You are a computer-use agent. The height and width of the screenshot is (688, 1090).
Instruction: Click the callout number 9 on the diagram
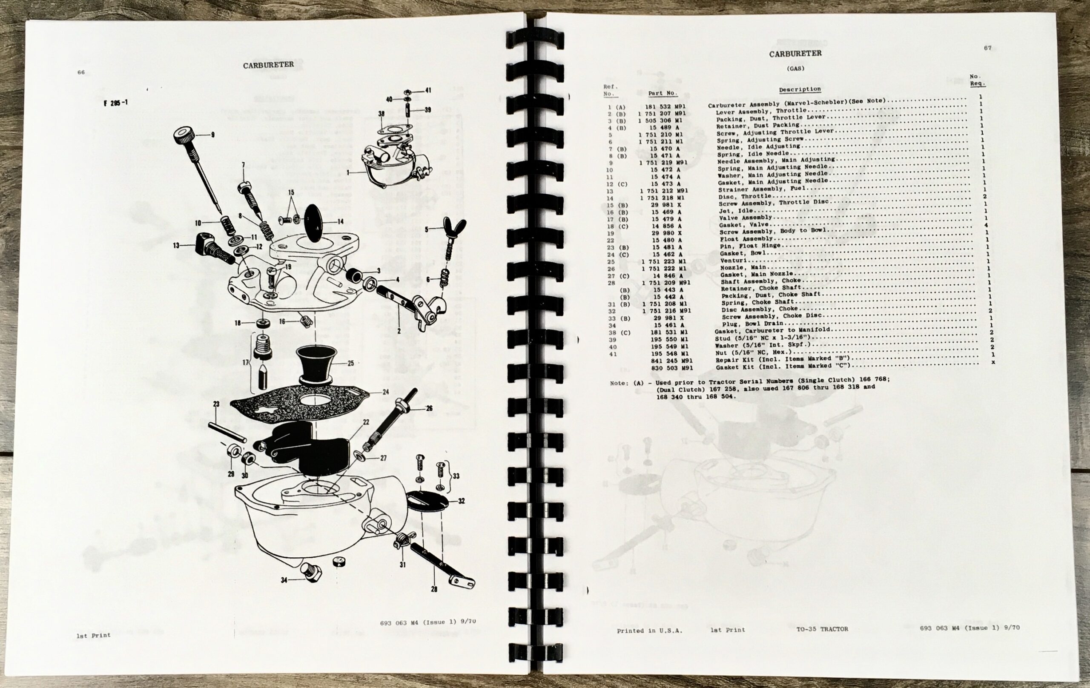(x=212, y=135)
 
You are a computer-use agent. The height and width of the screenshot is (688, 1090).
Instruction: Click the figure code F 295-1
(x=116, y=103)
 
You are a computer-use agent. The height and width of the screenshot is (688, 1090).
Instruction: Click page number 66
(x=81, y=72)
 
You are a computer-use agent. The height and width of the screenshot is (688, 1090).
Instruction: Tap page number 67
(x=987, y=48)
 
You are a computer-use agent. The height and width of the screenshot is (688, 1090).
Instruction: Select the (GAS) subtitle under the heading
(x=795, y=69)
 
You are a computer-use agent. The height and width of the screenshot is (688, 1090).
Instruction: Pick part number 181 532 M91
(x=665, y=107)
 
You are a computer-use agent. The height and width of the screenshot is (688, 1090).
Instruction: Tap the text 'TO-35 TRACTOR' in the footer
(x=822, y=629)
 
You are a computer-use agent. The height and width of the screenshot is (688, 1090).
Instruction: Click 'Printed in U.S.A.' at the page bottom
(x=649, y=630)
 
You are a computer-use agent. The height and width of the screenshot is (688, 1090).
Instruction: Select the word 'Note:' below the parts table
(x=619, y=383)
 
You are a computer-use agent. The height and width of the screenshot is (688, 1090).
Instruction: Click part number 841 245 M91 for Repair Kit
(x=672, y=361)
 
